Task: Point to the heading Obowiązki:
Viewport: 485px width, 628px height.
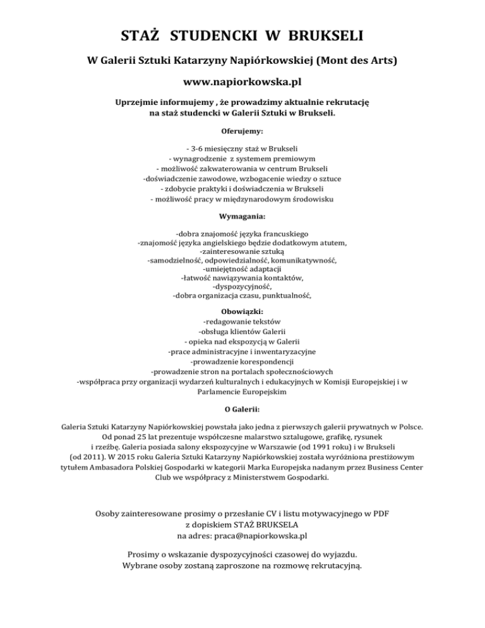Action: pos(242,311)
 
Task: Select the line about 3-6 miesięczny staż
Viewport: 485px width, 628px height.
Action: pos(242,148)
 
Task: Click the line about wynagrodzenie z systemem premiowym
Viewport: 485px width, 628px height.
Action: pos(242,158)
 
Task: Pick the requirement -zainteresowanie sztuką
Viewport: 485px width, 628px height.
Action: pos(242,251)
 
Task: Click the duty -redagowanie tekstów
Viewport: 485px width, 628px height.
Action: pos(242,321)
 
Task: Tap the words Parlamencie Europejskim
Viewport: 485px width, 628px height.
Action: pos(242,392)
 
